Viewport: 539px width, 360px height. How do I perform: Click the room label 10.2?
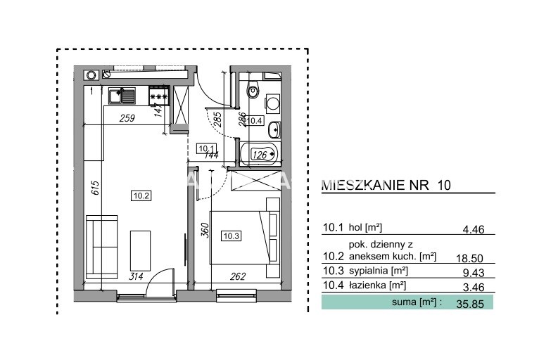(x=141, y=195)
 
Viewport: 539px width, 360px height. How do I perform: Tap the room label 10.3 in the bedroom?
(x=232, y=236)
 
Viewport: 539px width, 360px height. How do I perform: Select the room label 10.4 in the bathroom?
(x=255, y=120)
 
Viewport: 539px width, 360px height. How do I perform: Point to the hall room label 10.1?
(x=207, y=149)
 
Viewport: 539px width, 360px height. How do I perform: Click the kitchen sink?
(x=122, y=96)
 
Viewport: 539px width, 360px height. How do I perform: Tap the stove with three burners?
(x=159, y=96)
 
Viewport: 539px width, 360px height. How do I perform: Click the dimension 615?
(x=95, y=188)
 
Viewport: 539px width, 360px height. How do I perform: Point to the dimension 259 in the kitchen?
(x=127, y=118)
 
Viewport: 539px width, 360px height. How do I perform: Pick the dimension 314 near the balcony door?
(x=136, y=276)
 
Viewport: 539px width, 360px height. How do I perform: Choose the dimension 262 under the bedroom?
(x=238, y=276)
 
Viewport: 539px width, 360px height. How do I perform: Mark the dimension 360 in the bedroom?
(x=205, y=230)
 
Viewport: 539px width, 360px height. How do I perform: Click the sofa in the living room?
(x=102, y=247)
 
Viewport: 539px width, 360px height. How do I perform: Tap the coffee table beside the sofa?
(x=140, y=251)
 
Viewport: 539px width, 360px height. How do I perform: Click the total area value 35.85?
(x=470, y=304)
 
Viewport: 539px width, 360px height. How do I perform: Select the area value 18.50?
(x=469, y=258)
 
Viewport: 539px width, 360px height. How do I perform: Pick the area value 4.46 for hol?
(x=474, y=229)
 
